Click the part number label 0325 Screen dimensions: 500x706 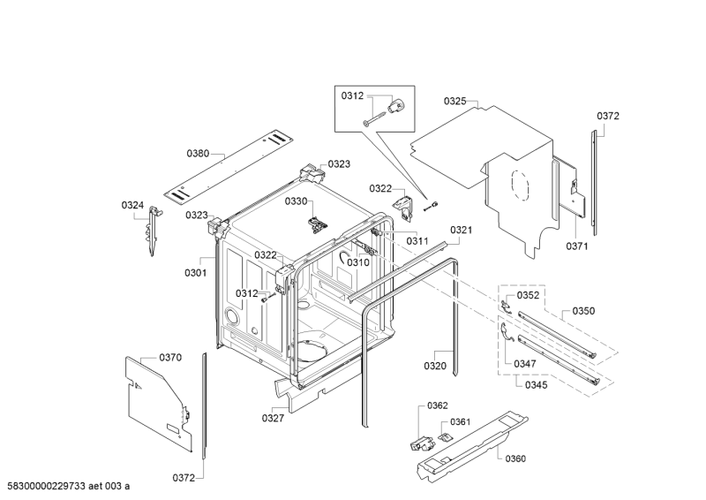click(x=454, y=102)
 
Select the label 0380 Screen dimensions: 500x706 click(x=199, y=154)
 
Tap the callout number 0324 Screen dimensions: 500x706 click(x=132, y=206)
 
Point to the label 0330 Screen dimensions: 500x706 click(x=296, y=201)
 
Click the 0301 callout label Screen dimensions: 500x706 click(x=195, y=273)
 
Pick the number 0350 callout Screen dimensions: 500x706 click(x=583, y=311)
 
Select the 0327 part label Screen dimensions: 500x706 click(x=274, y=418)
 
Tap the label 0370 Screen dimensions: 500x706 click(x=170, y=357)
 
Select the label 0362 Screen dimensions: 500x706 click(x=439, y=405)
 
